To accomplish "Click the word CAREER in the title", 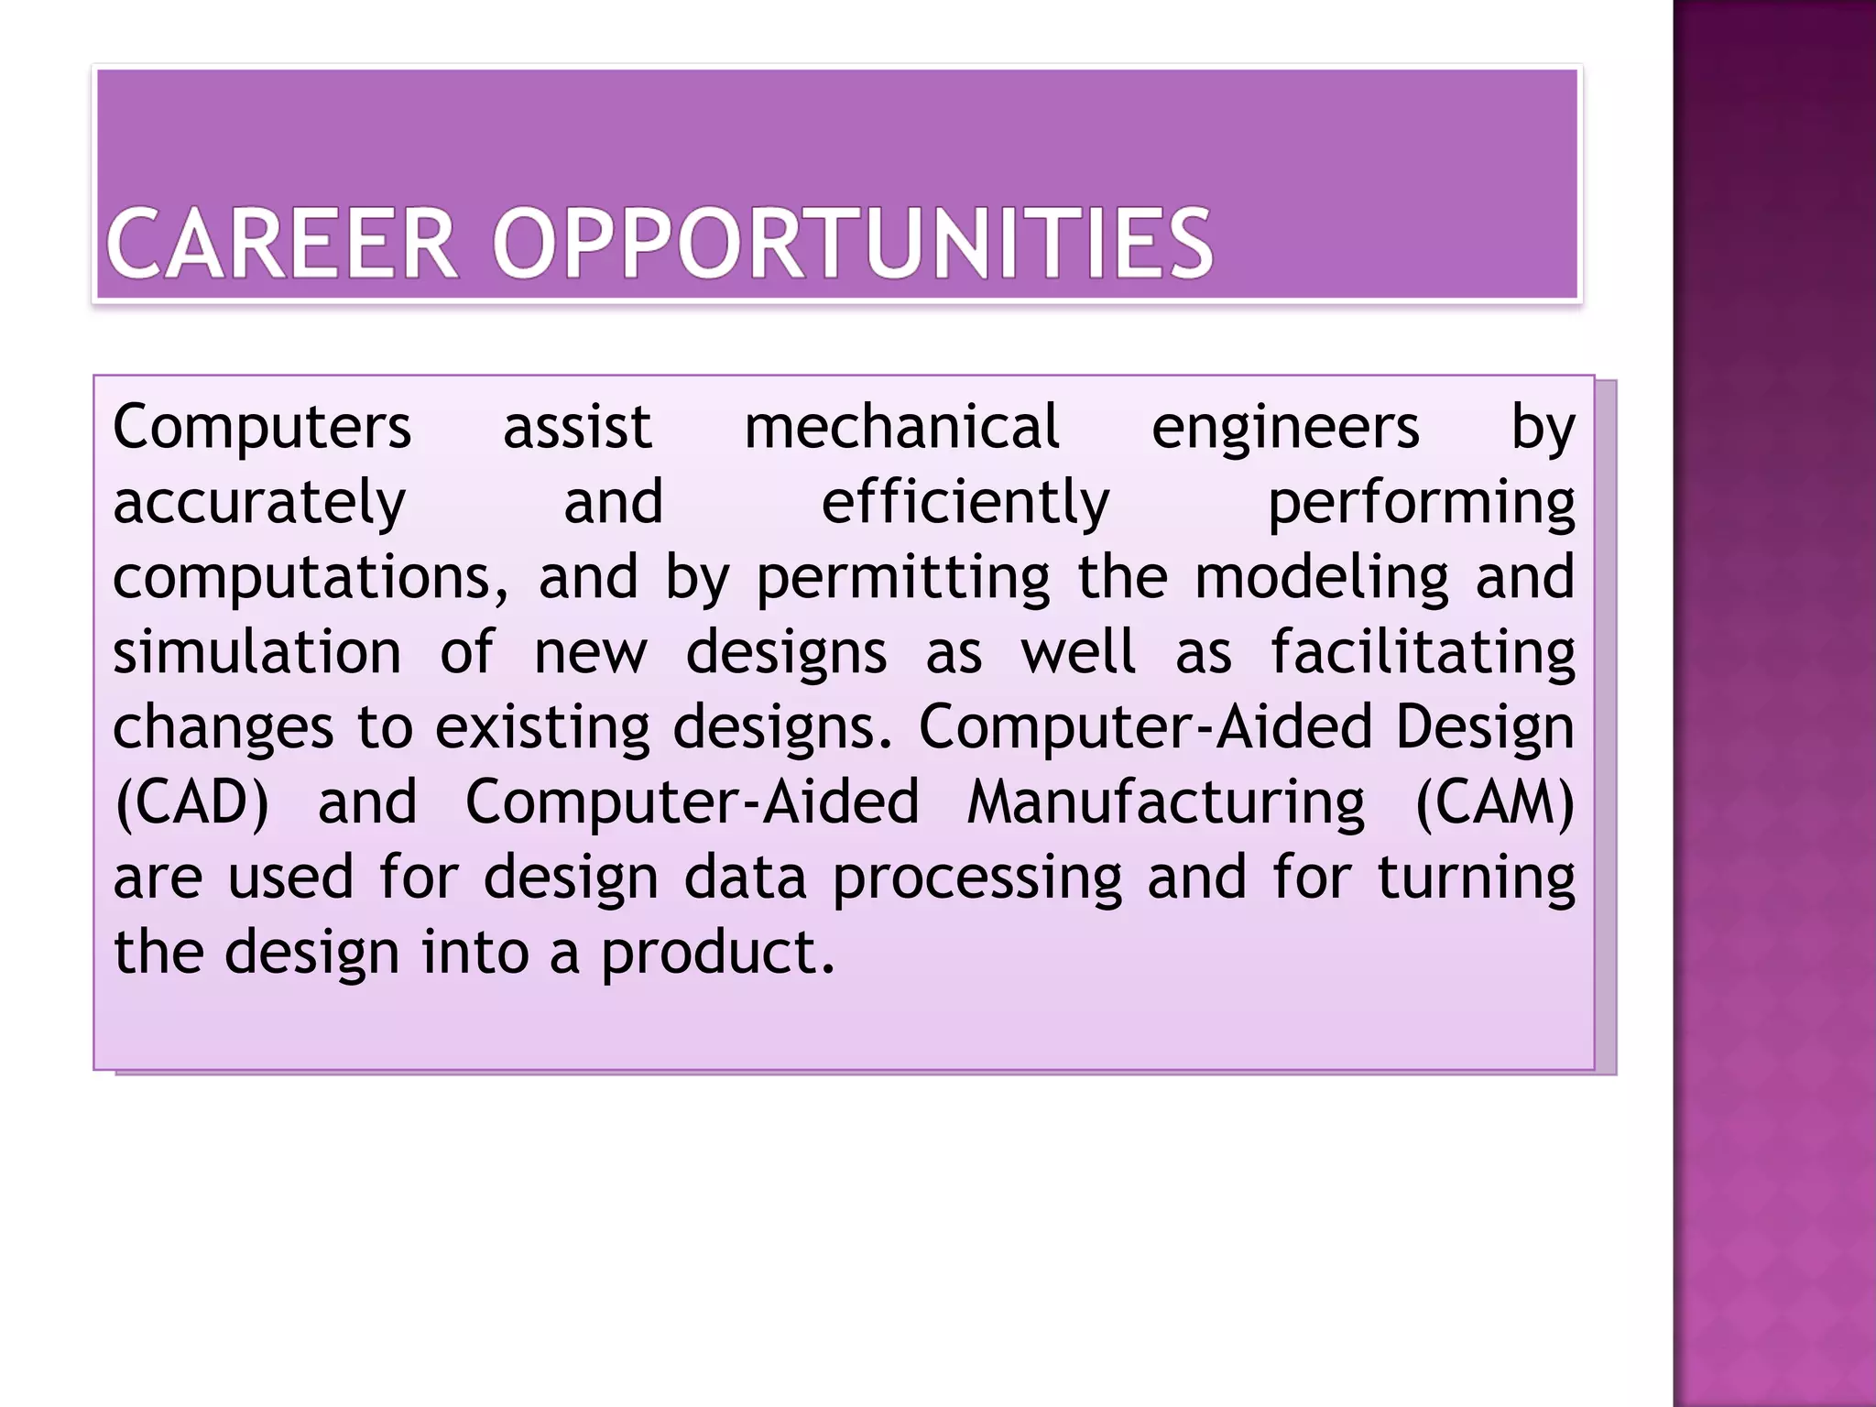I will (x=282, y=244).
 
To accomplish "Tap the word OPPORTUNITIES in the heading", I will (x=852, y=244).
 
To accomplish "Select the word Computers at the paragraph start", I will (x=262, y=428).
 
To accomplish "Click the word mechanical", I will (x=901, y=428).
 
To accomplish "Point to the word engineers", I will (x=1285, y=428).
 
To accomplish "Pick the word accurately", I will (x=259, y=504).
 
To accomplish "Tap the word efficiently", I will (x=965, y=504).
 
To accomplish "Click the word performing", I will (x=1421, y=504).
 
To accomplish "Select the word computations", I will (x=310, y=579).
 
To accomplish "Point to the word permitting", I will (x=903, y=579).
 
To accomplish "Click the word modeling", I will (x=1322, y=579).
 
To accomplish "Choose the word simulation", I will (x=257, y=653).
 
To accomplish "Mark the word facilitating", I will (x=1423, y=653).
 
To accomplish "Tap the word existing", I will (x=542, y=728).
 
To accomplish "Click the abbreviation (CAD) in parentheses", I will (x=191, y=803).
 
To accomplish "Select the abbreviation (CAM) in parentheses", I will (x=1495, y=803).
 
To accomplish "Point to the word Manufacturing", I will (x=1165, y=803).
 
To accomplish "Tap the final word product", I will (x=717, y=954).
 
